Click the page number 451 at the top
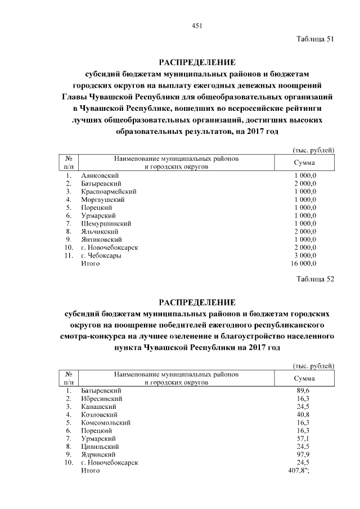(196, 25)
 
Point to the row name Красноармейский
(109, 192)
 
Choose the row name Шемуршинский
(106, 223)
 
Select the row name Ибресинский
(102, 398)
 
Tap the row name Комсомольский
(106, 422)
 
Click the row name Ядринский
(99, 454)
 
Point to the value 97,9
(304, 454)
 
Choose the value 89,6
(304, 390)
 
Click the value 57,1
(304, 438)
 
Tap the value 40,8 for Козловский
(304, 414)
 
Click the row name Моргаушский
(103, 200)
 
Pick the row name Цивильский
(100, 446)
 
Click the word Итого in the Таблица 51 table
(91, 263)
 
